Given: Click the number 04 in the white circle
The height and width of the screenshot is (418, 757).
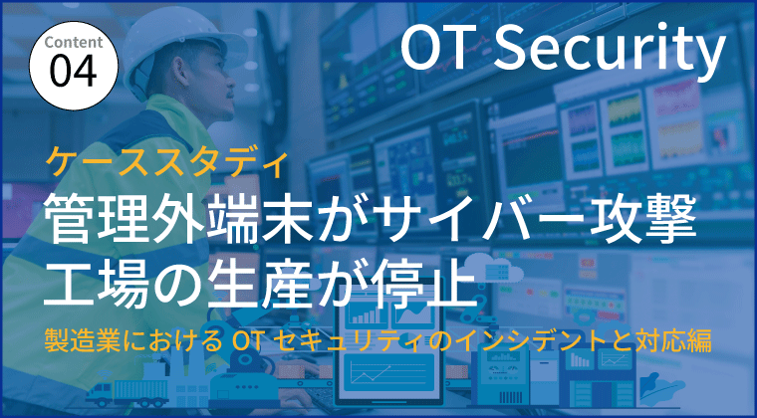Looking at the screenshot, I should [x=73, y=72].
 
